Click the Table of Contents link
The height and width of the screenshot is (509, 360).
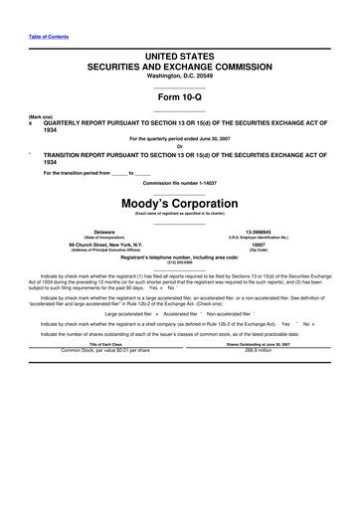[x=43, y=36]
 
